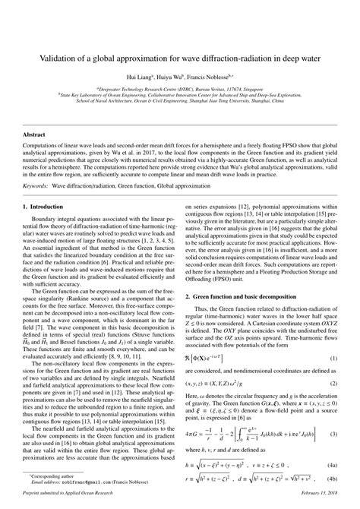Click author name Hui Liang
(144, 78)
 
